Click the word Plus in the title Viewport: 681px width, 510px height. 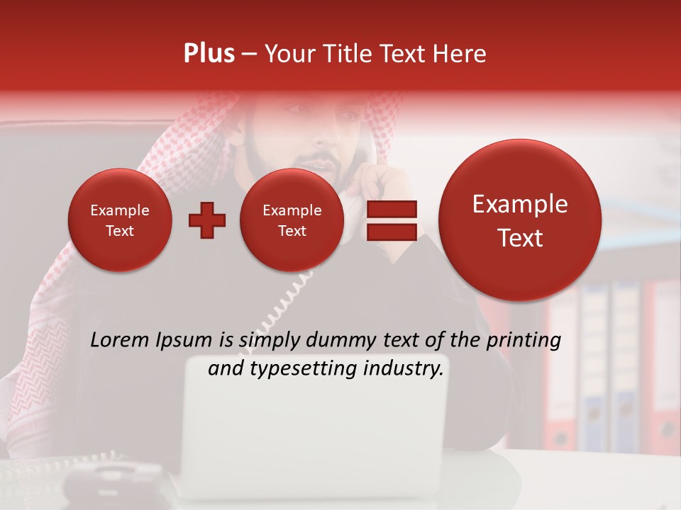coord(209,54)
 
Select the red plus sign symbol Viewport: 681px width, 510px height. coord(206,220)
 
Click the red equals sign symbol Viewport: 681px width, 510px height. coord(391,220)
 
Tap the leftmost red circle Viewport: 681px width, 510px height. coord(119,220)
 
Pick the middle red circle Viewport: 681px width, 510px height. coord(292,220)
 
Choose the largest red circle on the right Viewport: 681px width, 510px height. coord(520,220)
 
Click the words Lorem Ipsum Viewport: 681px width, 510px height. coord(151,341)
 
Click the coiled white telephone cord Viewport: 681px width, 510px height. coord(284,305)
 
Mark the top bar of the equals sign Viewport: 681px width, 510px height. coord(391,209)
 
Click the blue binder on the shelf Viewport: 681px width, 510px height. coord(594,354)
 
